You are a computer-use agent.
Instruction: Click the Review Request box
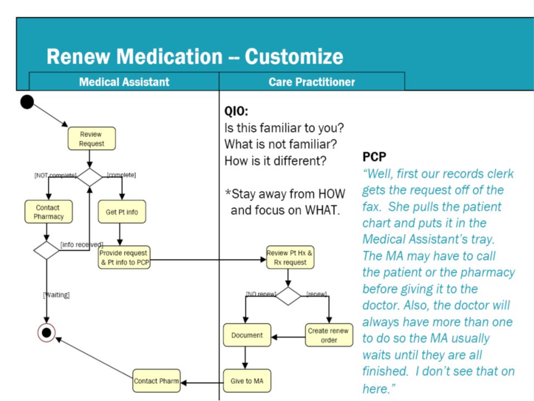[92, 139]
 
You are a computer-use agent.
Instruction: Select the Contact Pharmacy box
[48, 212]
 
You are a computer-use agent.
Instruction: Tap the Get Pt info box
[122, 212]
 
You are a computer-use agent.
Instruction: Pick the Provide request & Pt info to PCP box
[124, 257]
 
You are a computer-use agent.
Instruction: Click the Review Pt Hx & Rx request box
[290, 257]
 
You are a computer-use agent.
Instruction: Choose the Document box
[247, 335]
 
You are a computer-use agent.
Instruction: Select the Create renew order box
[329, 335]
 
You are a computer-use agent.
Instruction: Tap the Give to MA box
[247, 381]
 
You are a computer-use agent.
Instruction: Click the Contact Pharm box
[156, 381]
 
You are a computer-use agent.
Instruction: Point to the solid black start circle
[27, 102]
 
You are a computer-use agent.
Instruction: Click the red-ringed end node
[47, 332]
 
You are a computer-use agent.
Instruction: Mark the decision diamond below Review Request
[90, 177]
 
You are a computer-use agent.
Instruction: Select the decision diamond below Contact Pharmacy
[46, 250]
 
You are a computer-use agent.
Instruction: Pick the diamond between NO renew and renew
[288, 296]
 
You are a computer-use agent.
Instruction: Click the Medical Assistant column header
[124, 82]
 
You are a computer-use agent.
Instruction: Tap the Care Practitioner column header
[311, 82]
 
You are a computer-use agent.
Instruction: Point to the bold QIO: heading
[236, 111]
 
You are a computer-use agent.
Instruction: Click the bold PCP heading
[374, 157]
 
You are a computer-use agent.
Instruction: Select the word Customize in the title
[294, 56]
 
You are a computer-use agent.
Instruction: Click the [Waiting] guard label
[57, 295]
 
